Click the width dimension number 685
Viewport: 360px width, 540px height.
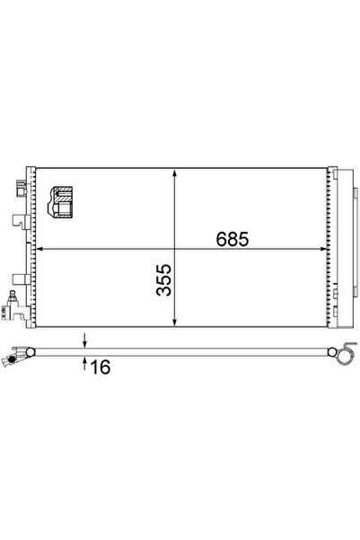(x=231, y=240)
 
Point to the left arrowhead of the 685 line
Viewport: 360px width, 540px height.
(x=40, y=249)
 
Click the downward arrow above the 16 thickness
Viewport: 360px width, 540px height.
(x=83, y=341)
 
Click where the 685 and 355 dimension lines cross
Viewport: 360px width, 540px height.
(x=174, y=249)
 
